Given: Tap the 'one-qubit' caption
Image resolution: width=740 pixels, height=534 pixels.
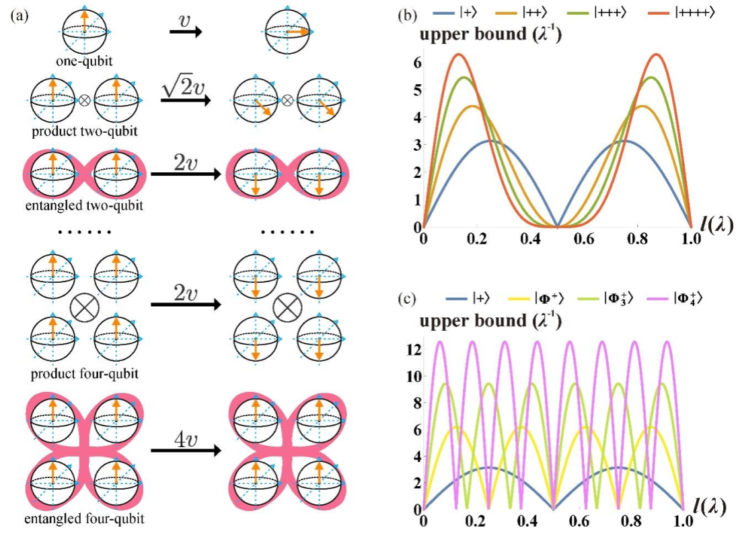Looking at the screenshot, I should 84,61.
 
